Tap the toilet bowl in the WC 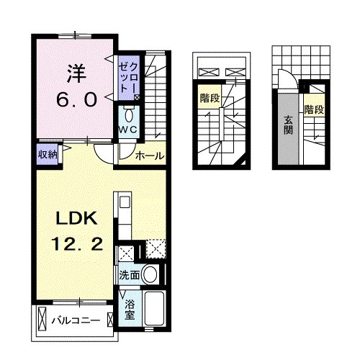(129, 114)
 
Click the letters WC (128, 130)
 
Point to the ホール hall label (149, 155)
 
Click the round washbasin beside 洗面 (150, 274)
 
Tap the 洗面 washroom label (129, 274)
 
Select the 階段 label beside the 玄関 (312, 110)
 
